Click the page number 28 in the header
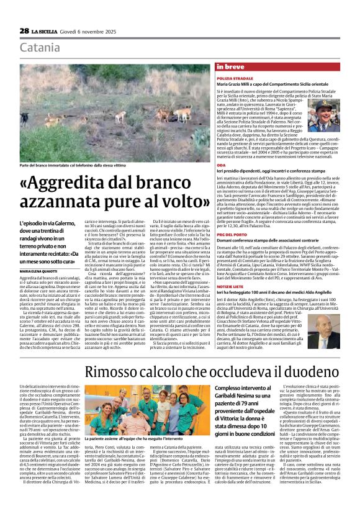[x=25, y=30]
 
